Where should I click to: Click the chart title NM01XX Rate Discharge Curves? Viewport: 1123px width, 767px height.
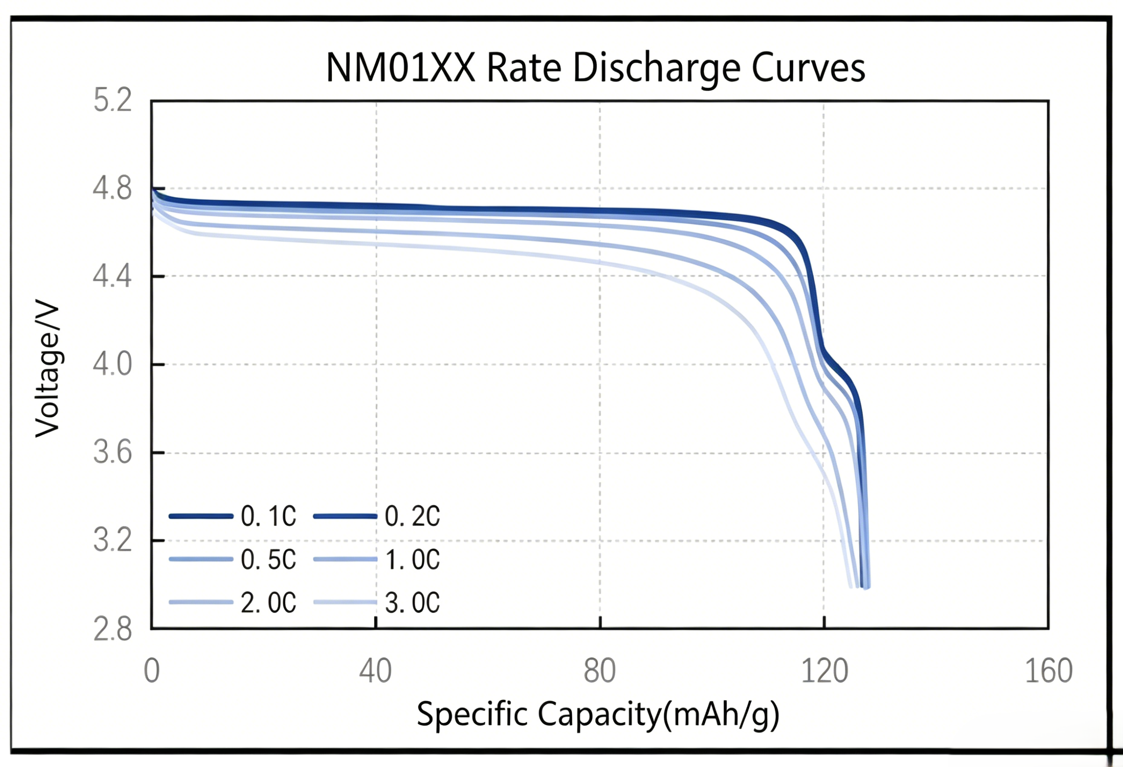click(x=595, y=68)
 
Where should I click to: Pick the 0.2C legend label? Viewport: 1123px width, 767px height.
click(x=412, y=516)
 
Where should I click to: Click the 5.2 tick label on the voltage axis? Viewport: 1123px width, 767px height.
click(x=112, y=101)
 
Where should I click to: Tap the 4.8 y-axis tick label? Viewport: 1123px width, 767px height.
click(x=112, y=188)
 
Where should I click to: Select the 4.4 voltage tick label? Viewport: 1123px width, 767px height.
click(x=112, y=276)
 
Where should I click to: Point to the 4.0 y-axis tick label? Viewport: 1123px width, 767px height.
click(x=112, y=364)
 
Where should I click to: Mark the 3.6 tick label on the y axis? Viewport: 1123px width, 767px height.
click(x=112, y=453)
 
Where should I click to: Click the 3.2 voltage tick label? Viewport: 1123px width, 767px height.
click(x=112, y=540)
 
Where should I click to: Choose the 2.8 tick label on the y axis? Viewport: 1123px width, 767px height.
click(x=112, y=629)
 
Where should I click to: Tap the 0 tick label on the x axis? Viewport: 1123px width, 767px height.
click(x=152, y=671)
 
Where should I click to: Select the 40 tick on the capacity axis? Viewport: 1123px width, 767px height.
click(x=375, y=671)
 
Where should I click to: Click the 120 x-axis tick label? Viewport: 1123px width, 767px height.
click(x=824, y=671)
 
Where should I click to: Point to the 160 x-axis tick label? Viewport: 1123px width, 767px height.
click(x=1049, y=671)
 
